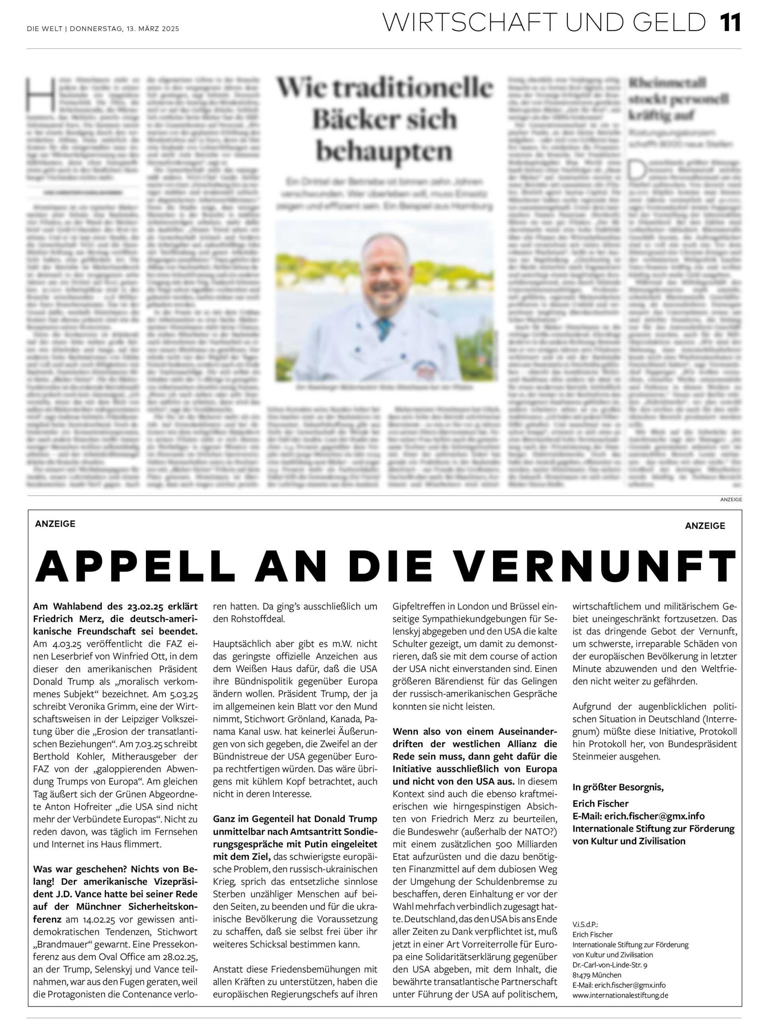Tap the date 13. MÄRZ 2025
[x=152, y=29]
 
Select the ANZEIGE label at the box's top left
[x=55, y=523]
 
